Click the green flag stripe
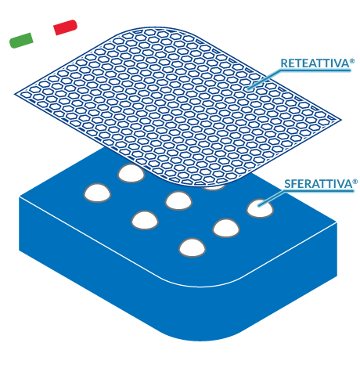point(21,41)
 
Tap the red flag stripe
point(66,27)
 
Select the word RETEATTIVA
point(315,63)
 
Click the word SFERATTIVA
point(318,184)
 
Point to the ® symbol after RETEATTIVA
point(352,61)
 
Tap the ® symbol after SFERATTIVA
point(355,182)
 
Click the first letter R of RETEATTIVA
point(284,63)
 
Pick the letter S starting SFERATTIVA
point(287,184)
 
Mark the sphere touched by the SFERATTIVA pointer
point(260,208)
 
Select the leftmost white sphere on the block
point(97,193)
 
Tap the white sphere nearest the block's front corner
point(193,247)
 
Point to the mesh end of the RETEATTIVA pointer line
point(248,88)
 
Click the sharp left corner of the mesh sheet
point(15,94)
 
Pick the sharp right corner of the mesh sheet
point(341,120)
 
